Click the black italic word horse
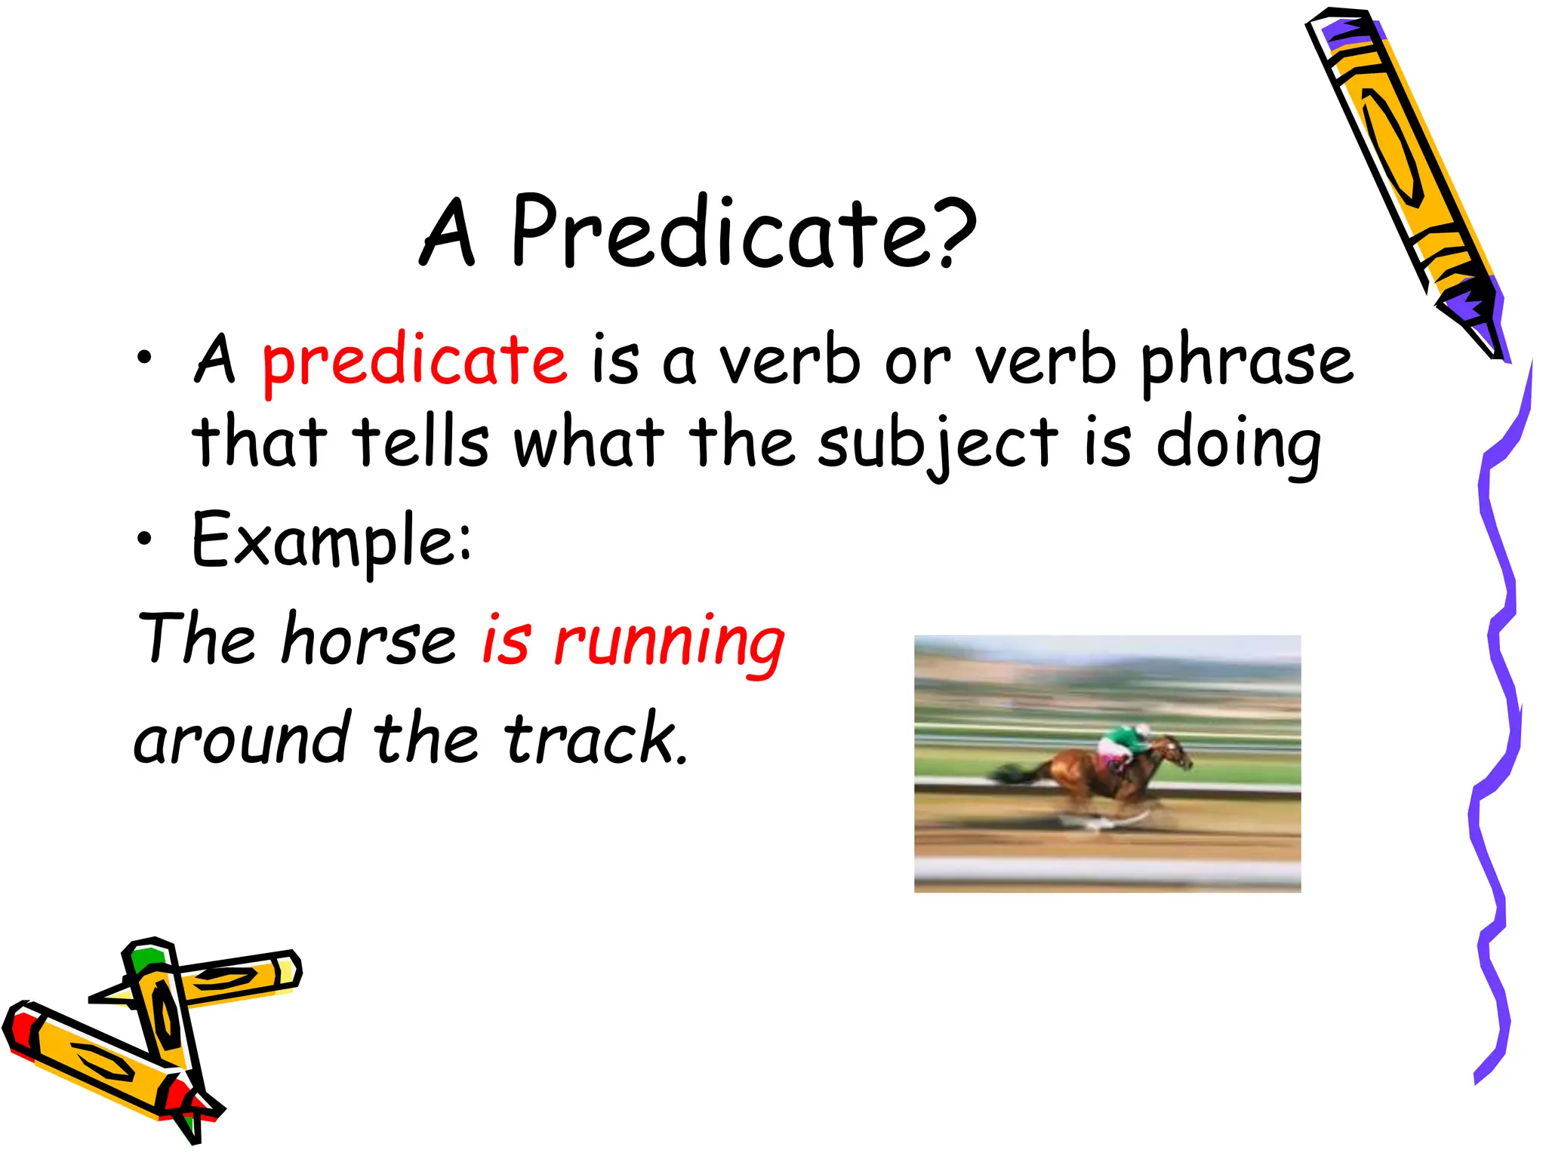(x=368, y=640)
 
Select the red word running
(x=669, y=644)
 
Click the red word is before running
(x=506, y=640)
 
